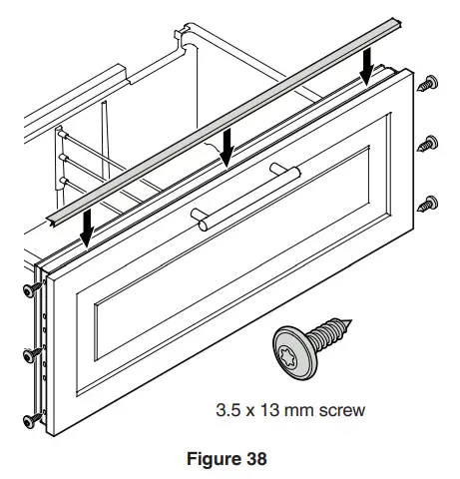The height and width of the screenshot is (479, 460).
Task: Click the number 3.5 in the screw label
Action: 229,410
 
